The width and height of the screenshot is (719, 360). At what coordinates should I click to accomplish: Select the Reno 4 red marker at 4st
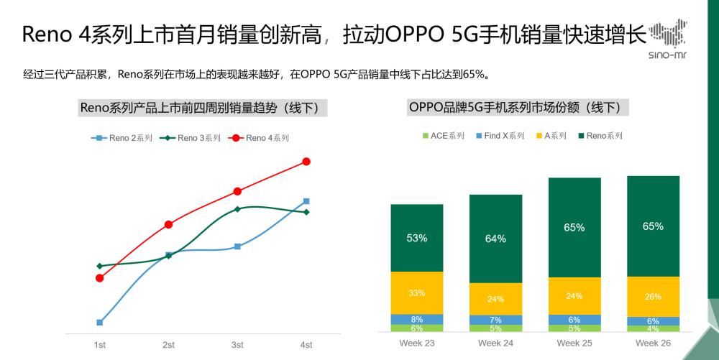pos(306,162)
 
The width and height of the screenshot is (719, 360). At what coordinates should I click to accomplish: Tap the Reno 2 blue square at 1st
pos(100,323)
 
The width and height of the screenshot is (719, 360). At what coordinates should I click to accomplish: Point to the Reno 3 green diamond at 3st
pos(237,209)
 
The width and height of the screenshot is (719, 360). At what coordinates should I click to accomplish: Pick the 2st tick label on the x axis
pos(168,345)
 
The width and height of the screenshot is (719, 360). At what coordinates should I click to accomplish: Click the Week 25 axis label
pos(574,343)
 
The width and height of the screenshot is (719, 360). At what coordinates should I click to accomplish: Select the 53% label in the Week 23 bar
pos(416,238)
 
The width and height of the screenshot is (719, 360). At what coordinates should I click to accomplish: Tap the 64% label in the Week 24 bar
pos(495,239)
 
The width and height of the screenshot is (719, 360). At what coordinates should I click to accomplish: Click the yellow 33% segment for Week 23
pos(416,292)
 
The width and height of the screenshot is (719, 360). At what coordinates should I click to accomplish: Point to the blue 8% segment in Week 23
pos(416,319)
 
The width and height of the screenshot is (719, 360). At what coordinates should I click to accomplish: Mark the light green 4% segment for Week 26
pos(653,328)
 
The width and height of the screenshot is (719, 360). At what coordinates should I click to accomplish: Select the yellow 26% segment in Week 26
pos(653,296)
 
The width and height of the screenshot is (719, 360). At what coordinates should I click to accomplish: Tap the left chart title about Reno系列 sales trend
pos(203,109)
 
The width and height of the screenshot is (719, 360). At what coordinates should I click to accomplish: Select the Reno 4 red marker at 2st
pos(168,225)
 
